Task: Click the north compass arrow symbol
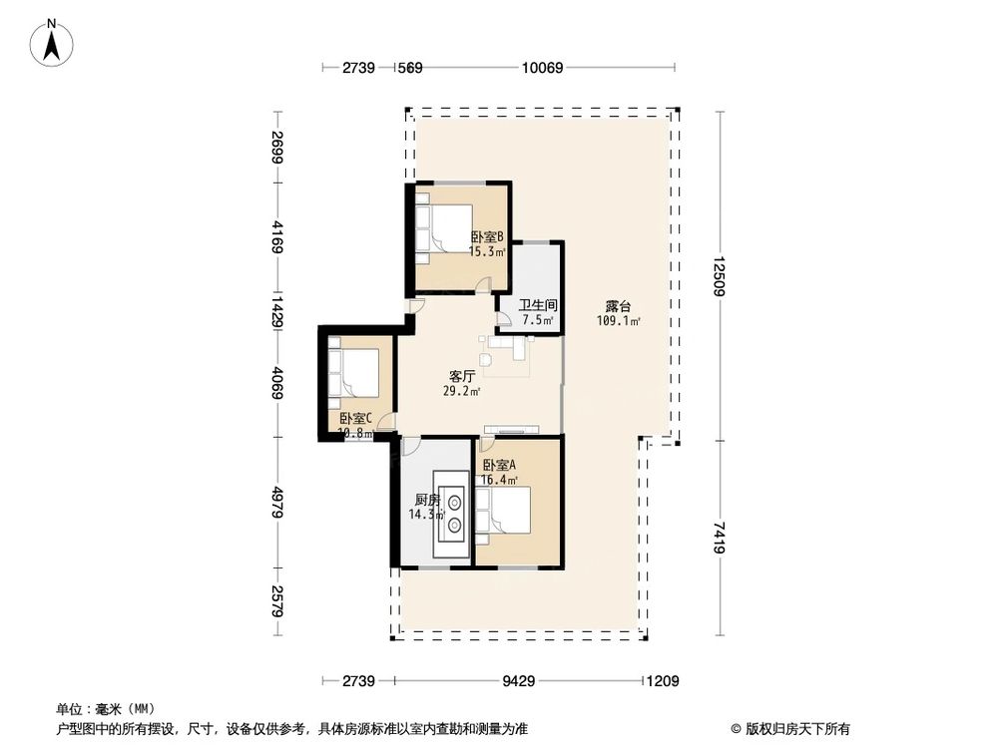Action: pos(51,43)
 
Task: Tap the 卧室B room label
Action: pos(489,237)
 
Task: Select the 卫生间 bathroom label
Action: pos(538,305)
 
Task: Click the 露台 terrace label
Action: pos(618,306)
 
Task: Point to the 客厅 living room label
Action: pos(460,377)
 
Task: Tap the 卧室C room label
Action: pos(355,419)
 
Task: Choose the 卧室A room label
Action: pos(500,466)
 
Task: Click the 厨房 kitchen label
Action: pos(427,501)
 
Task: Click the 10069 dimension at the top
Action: pos(543,68)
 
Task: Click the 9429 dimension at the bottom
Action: pos(519,682)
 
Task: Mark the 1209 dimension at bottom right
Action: pos(662,682)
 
